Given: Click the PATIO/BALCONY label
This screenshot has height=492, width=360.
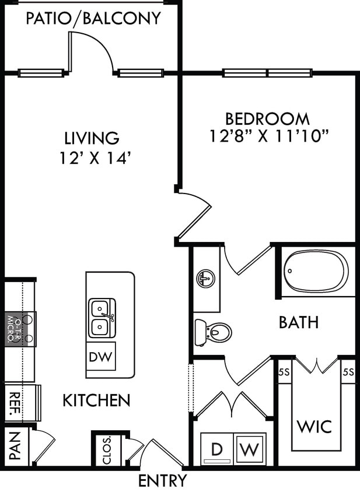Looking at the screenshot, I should [93, 19].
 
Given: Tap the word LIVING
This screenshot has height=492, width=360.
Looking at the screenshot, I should [92, 138].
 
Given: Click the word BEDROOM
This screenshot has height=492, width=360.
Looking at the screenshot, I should [268, 119].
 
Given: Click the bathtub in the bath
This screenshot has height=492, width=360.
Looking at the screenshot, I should [316, 270].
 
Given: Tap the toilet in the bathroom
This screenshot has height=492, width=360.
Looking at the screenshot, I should [214, 333].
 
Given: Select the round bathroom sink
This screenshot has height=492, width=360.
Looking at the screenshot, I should [205, 279].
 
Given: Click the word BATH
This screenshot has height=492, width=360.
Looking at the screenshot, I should [298, 322].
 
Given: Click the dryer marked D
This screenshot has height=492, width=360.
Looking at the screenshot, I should [216, 449].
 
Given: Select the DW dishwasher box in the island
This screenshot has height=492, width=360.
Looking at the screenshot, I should [101, 356].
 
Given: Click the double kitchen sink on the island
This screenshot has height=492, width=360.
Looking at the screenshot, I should [102, 318].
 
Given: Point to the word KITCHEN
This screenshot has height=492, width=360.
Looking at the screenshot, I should [96, 400].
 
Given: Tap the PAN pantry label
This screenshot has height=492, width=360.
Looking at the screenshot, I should [15, 445].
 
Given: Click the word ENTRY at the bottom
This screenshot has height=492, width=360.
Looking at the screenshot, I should [163, 481].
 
